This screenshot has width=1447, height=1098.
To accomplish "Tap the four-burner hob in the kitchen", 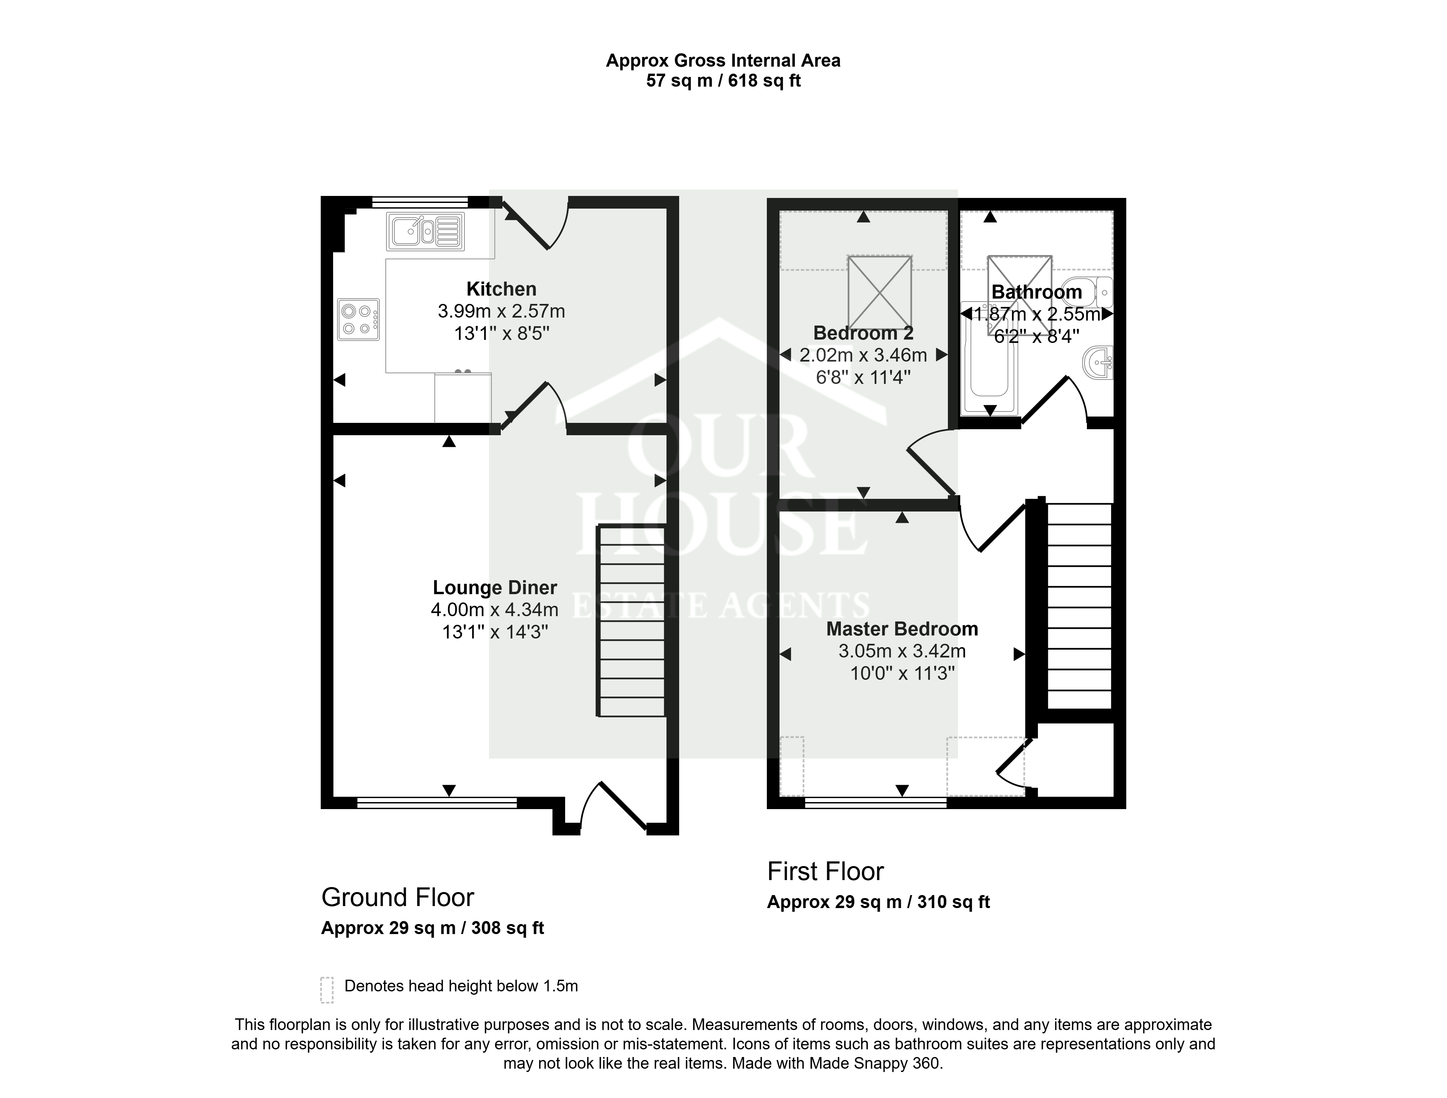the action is click(358, 319).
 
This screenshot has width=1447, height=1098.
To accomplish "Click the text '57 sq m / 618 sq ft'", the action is click(723, 81).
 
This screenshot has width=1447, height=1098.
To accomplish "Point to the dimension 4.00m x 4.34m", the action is click(494, 610).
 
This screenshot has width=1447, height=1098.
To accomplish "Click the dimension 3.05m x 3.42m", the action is click(902, 651).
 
